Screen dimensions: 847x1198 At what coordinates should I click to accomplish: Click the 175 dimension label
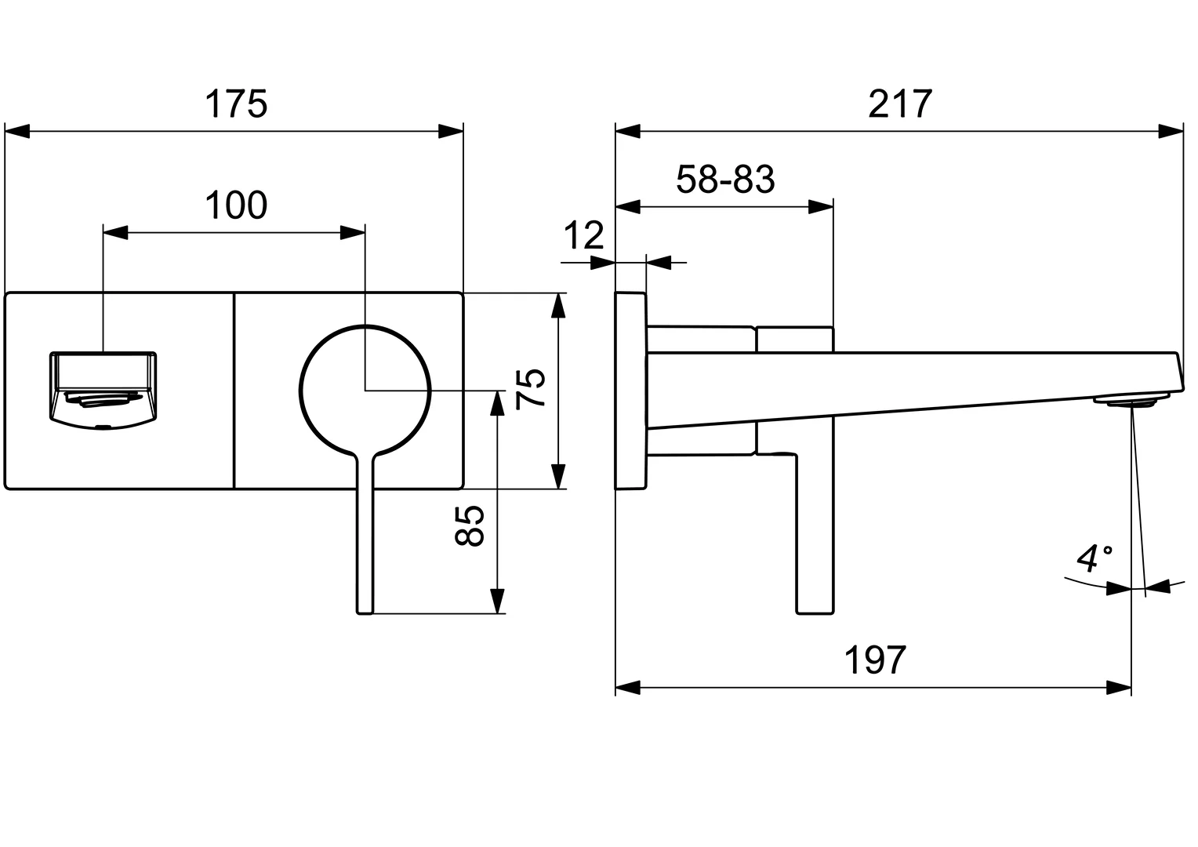236,104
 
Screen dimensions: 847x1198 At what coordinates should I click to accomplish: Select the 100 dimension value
236,205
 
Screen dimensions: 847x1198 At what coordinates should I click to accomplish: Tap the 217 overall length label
900,104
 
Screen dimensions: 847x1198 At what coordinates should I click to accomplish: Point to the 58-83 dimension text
725,180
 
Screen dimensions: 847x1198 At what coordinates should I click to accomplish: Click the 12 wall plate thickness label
584,235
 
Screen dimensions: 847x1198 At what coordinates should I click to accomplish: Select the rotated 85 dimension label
470,525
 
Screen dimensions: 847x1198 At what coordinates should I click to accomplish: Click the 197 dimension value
875,661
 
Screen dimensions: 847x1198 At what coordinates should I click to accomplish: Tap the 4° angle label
1095,558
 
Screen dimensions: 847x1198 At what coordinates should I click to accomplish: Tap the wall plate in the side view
630,391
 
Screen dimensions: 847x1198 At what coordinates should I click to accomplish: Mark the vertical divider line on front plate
234,391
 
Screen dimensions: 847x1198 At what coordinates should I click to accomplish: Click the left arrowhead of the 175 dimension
17,132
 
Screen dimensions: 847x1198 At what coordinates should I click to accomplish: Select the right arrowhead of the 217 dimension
1171,132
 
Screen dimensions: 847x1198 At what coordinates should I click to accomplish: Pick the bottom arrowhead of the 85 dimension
496,601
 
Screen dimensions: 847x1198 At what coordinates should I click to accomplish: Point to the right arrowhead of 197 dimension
1119,689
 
